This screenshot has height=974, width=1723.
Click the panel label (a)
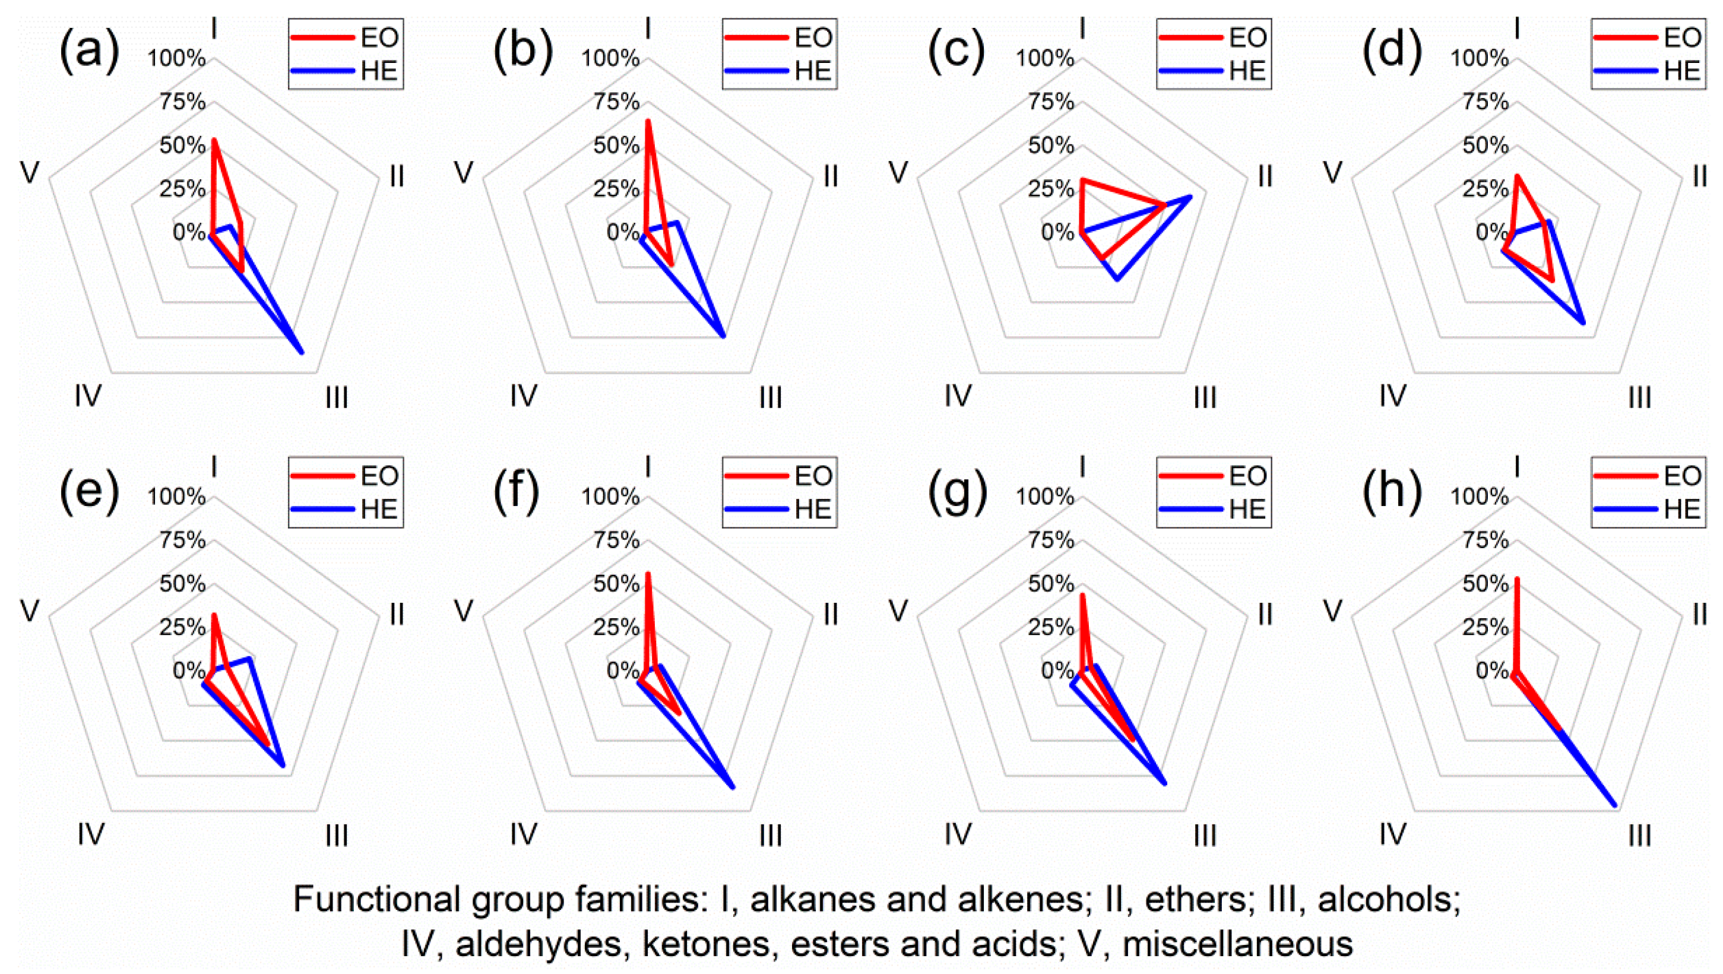pos(89,51)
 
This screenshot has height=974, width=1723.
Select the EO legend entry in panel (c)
pos(1214,37)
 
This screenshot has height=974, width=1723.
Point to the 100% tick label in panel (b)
pos(610,59)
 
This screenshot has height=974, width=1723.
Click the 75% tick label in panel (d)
pos(1485,102)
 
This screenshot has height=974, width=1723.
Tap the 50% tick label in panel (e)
pos(182,584)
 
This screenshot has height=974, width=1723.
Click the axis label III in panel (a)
pos(337,398)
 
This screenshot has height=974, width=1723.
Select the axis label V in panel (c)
pos(898,173)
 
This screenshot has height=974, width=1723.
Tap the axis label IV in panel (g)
pos(958,834)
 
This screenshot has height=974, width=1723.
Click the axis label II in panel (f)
pos(830,614)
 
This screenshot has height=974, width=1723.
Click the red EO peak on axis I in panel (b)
pos(647,121)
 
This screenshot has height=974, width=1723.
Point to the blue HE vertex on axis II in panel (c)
pos(1190,196)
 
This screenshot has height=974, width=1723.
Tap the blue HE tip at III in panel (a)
pos(302,352)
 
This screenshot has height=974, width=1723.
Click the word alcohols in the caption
pos(1389,900)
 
